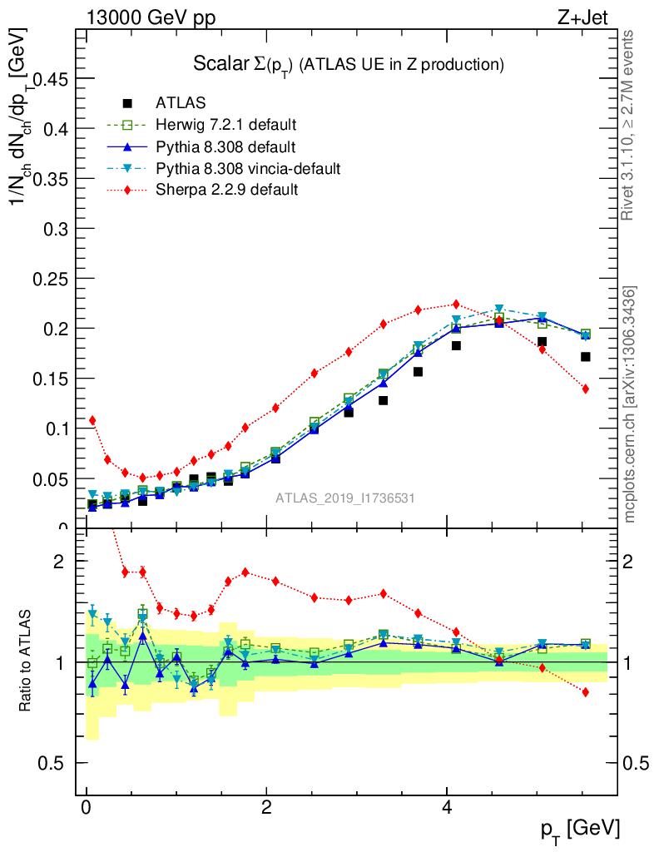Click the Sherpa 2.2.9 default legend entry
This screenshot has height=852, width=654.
pyautogui.click(x=227, y=190)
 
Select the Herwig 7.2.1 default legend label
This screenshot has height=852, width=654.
pyautogui.click(x=226, y=125)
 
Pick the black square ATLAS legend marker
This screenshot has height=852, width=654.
pyautogui.click(x=127, y=103)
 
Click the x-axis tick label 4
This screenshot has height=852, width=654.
pyautogui.click(x=447, y=809)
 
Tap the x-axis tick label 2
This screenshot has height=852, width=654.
pyautogui.click(x=266, y=809)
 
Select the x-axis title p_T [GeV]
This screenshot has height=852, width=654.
pyautogui.click(x=581, y=829)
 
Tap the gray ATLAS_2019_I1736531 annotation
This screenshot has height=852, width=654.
pyautogui.click(x=345, y=498)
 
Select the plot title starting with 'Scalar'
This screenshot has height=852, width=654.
pyautogui.click(x=349, y=63)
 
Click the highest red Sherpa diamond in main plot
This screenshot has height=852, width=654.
pyautogui.click(x=456, y=305)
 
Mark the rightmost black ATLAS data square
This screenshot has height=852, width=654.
pyautogui.click(x=586, y=357)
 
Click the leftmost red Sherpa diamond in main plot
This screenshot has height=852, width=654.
pyautogui.click(x=92, y=420)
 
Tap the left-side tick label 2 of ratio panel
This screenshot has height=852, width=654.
pyautogui.click(x=58, y=562)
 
